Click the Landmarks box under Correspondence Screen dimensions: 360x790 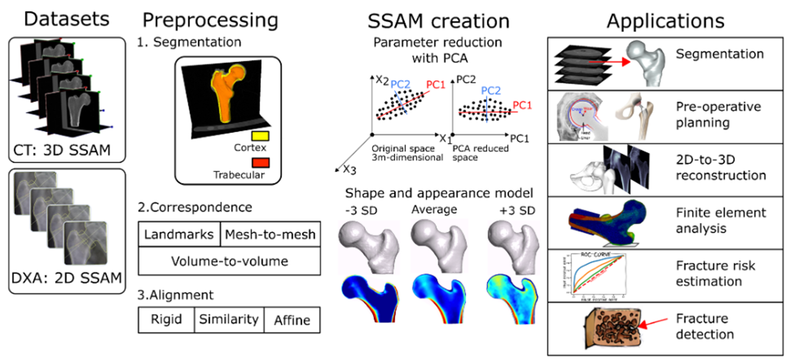point(179,234)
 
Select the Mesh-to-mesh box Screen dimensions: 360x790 point(270,234)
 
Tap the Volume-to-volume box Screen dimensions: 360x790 point(229,261)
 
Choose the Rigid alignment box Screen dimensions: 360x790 point(166,319)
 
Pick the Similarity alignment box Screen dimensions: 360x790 point(229,319)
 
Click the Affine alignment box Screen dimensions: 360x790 point(292,320)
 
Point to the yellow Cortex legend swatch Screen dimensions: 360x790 point(260,136)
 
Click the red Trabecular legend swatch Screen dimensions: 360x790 point(260,163)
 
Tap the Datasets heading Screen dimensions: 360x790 point(66,19)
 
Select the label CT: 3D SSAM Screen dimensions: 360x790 point(62,150)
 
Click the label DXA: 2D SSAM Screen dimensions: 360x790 point(66,278)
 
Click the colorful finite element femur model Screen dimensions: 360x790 point(608,222)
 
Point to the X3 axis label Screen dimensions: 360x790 point(349,170)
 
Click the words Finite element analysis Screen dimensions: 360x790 point(720,221)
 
